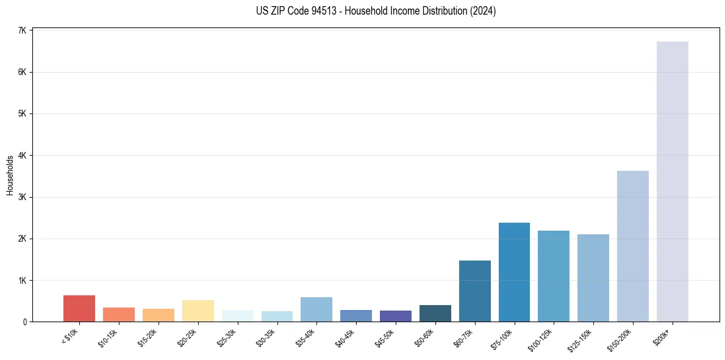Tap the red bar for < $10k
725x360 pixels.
(79, 309)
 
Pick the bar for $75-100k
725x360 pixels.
(514, 272)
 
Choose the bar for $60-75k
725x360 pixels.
(474, 291)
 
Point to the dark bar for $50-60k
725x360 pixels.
(435, 314)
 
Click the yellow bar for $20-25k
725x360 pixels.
(198, 311)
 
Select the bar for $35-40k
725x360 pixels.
(316, 309)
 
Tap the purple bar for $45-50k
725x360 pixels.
(395, 316)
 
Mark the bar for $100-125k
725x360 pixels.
(554, 276)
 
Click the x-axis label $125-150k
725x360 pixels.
(580, 338)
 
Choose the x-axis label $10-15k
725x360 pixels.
(107, 337)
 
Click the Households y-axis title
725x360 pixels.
(10, 175)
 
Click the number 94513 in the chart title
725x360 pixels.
(324, 11)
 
